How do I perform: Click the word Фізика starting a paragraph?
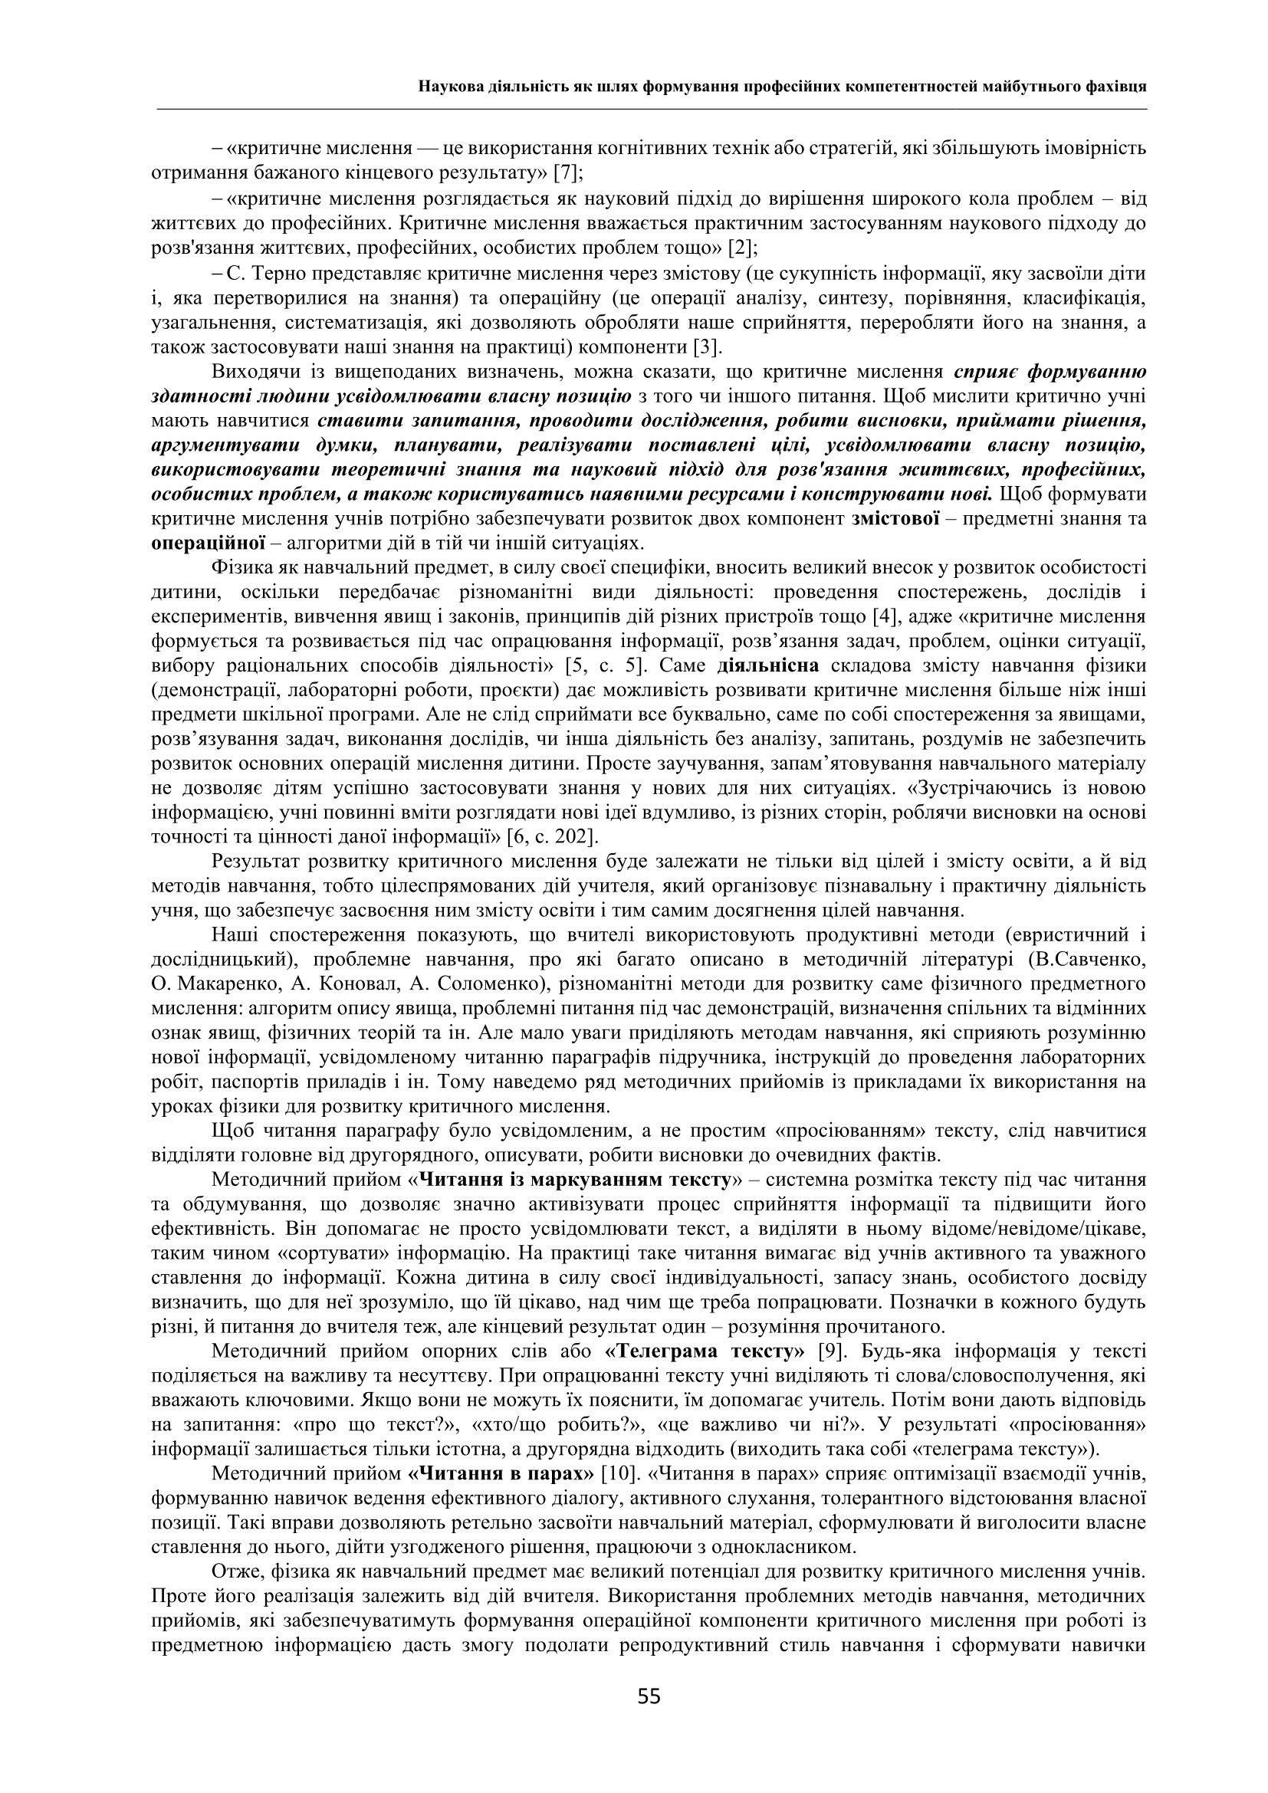236,569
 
